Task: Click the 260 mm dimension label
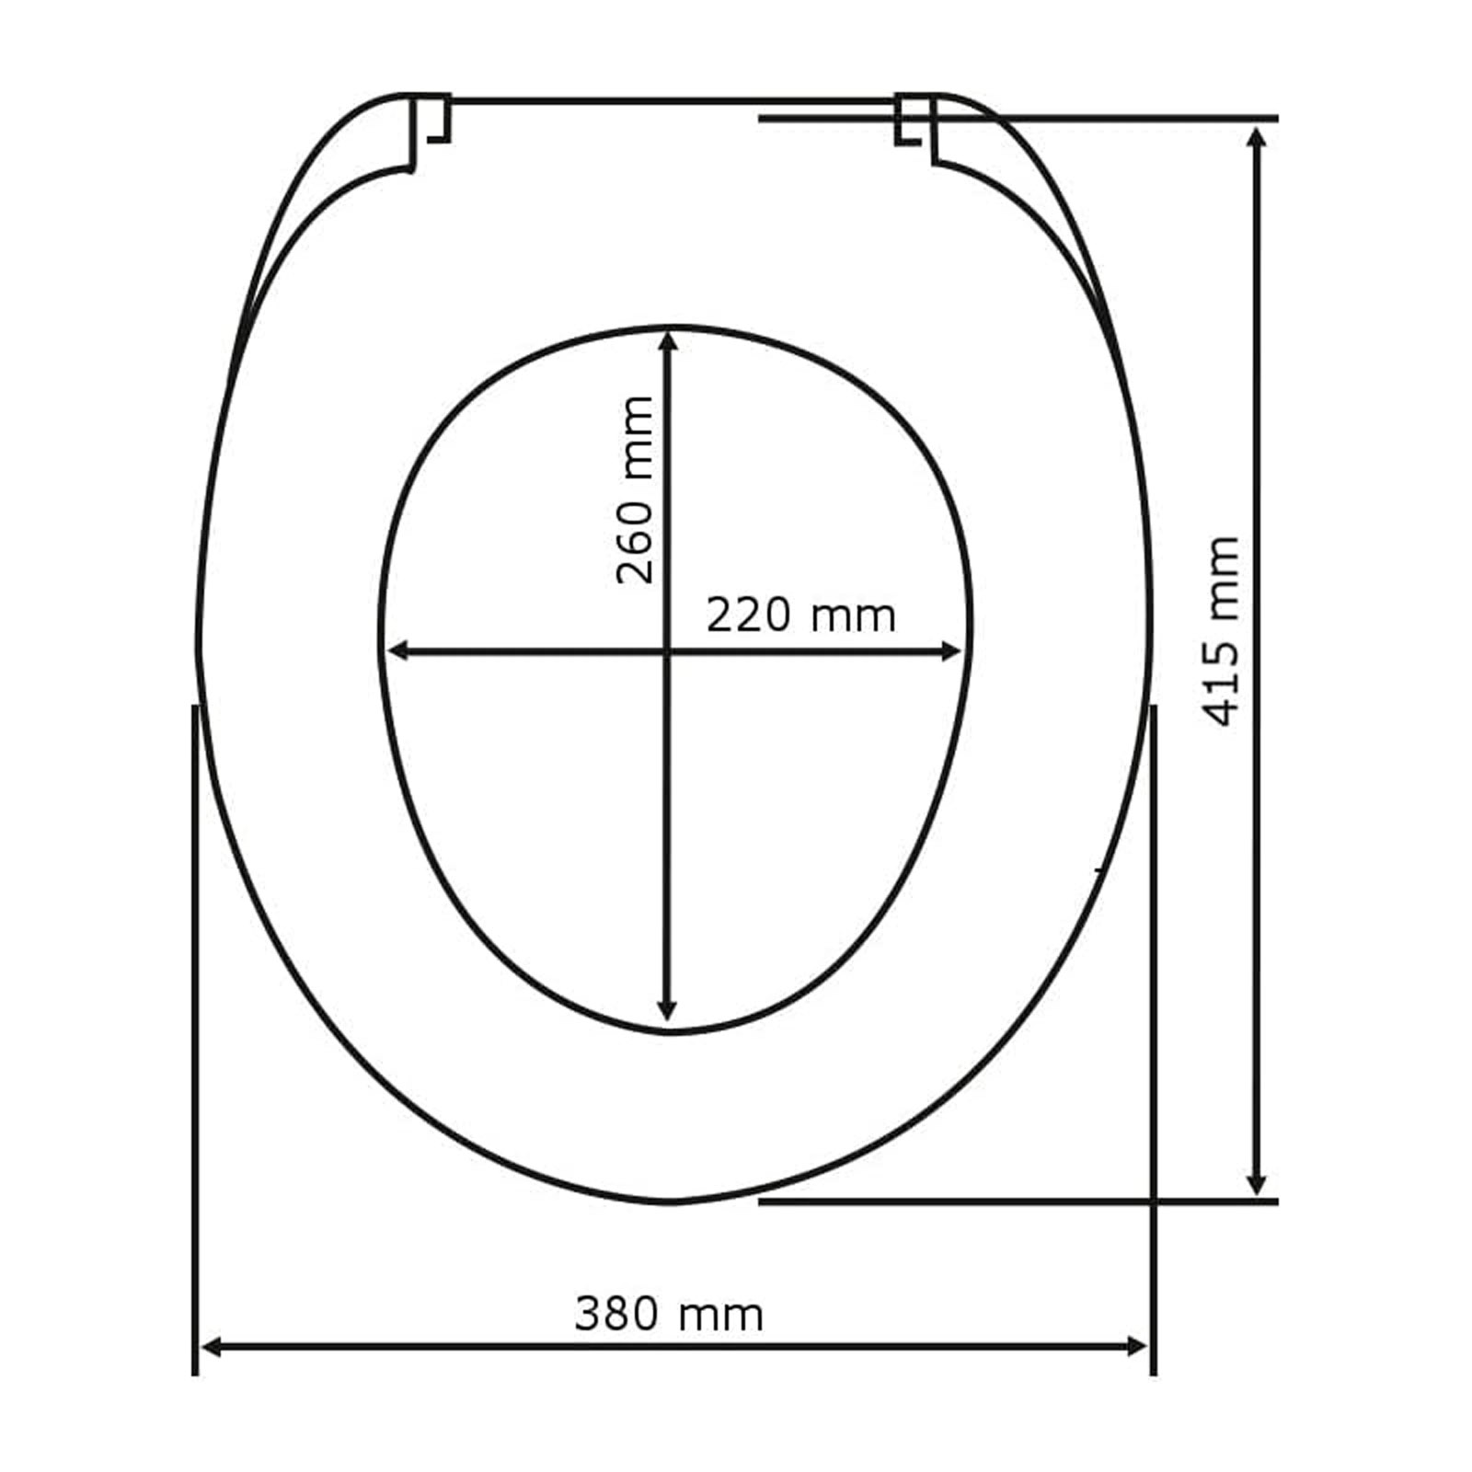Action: coord(635,489)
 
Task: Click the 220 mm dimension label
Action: coord(800,615)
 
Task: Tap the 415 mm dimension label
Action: coord(1223,631)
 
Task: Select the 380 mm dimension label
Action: coord(669,1315)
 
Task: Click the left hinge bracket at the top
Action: coord(430,132)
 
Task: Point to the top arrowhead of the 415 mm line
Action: coord(1257,139)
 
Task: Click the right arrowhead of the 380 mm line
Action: coord(1135,1348)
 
